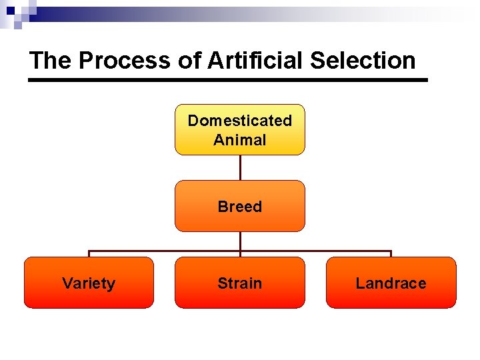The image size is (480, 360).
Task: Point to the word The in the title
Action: click(x=51, y=61)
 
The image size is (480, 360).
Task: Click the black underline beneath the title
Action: click(x=227, y=80)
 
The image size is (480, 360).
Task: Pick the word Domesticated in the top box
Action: click(x=239, y=121)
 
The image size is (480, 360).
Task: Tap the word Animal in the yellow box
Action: click(x=239, y=140)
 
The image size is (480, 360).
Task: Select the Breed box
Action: click(x=239, y=206)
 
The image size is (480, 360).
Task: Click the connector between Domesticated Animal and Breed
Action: click(x=240, y=167)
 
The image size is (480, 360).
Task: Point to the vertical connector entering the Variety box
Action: click(x=89, y=254)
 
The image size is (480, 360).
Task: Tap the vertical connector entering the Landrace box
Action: click(x=391, y=254)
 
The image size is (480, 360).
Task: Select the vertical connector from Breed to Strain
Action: click(x=240, y=244)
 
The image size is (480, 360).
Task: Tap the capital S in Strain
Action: click(x=222, y=283)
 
